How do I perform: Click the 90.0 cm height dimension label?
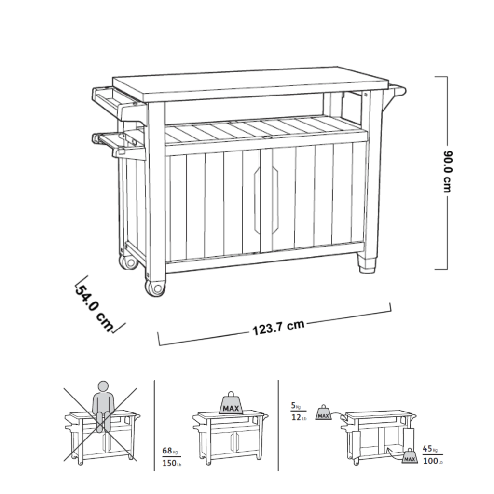[x=447, y=172]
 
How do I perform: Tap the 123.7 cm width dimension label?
[x=278, y=328]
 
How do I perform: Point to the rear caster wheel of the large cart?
[x=128, y=261]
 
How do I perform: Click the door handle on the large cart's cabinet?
[x=266, y=200]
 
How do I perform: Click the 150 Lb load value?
[x=172, y=463]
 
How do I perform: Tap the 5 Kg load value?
[x=296, y=406]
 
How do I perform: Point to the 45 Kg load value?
[x=430, y=448]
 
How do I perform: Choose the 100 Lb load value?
[x=433, y=461]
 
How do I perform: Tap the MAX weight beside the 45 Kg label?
[x=410, y=456]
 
